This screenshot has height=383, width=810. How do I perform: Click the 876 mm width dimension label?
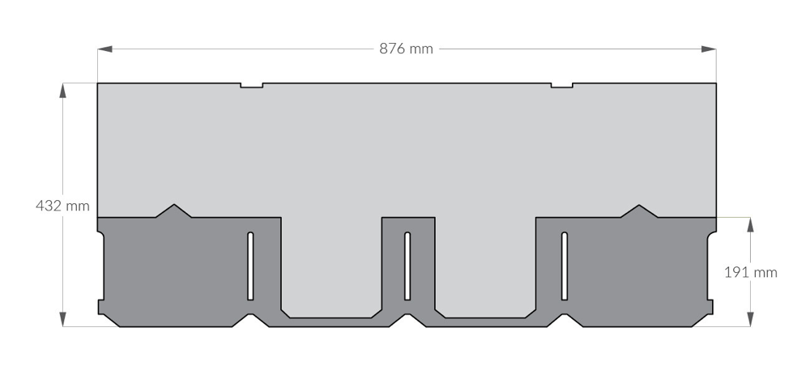tap(406, 49)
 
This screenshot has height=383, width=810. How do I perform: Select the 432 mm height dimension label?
tap(62, 206)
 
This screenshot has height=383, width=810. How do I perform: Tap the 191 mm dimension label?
tap(751, 273)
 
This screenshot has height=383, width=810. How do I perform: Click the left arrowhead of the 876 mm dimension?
tap(104, 49)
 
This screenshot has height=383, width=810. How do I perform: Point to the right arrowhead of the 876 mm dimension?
tap(709, 49)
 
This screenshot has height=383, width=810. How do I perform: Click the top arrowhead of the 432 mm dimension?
tap(63, 91)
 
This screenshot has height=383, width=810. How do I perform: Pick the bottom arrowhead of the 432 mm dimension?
tap(63, 319)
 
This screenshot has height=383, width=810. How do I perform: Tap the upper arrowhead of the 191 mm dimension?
tap(750, 224)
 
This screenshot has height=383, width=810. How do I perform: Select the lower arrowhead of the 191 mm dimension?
tap(750, 319)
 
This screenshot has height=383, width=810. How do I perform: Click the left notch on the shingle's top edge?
tap(252, 85)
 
